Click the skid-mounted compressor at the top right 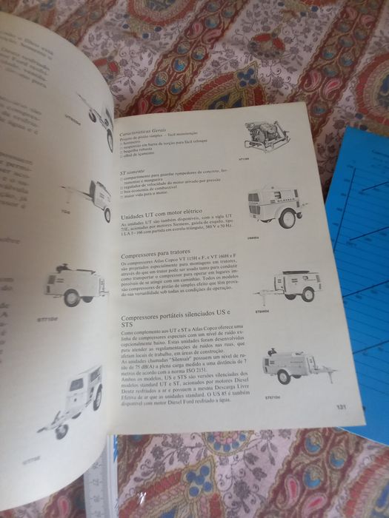(269, 138)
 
